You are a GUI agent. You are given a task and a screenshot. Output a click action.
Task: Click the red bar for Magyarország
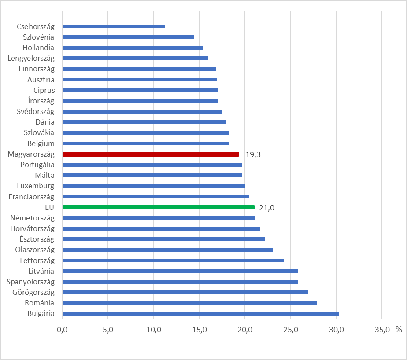click(x=151, y=154)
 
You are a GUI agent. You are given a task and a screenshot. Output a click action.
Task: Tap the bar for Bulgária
click(x=201, y=314)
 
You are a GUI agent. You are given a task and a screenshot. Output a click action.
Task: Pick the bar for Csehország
click(x=114, y=26)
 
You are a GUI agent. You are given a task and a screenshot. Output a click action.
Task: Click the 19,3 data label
click(x=253, y=154)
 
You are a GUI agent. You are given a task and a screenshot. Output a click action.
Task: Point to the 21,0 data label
click(x=267, y=208)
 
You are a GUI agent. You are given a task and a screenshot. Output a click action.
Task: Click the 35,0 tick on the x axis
click(x=382, y=330)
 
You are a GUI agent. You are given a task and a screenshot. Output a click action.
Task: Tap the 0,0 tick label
click(x=63, y=330)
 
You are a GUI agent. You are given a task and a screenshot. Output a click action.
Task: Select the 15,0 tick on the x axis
click(x=199, y=330)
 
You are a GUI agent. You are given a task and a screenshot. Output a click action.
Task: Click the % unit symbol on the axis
click(x=399, y=329)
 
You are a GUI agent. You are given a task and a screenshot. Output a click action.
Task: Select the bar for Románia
click(x=190, y=303)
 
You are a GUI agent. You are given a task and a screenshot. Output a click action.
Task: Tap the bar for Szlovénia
click(x=128, y=37)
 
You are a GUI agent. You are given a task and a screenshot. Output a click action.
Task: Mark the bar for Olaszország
click(x=168, y=250)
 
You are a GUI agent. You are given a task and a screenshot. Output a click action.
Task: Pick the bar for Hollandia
click(x=133, y=48)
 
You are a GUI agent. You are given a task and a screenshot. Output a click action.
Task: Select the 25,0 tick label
click(x=291, y=330)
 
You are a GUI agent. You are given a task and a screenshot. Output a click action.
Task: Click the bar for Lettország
click(x=173, y=261)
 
